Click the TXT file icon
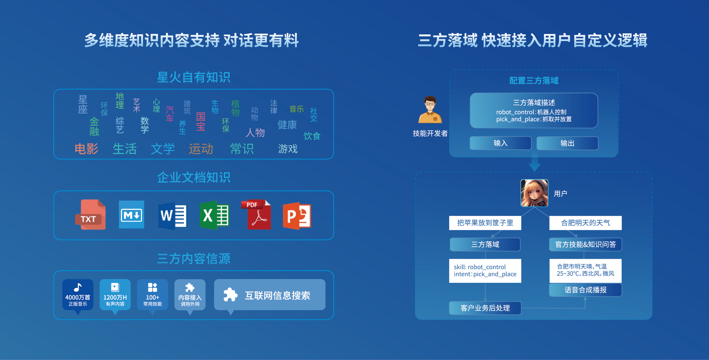coord(90,215)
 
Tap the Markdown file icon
coord(131,215)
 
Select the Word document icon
coord(172,215)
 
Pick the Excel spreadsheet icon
coord(214,215)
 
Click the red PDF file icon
coord(256,215)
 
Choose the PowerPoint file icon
coord(297,216)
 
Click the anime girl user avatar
coord(534,193)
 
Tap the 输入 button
coord(500,143)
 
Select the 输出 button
coord(567,143)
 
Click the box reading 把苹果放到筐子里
coord(485,223)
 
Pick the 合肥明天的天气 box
coord(586,223)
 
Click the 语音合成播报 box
coord(586,290)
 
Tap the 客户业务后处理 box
coord(485,308)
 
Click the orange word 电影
coord(87,149)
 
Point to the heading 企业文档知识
coord(194,177)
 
